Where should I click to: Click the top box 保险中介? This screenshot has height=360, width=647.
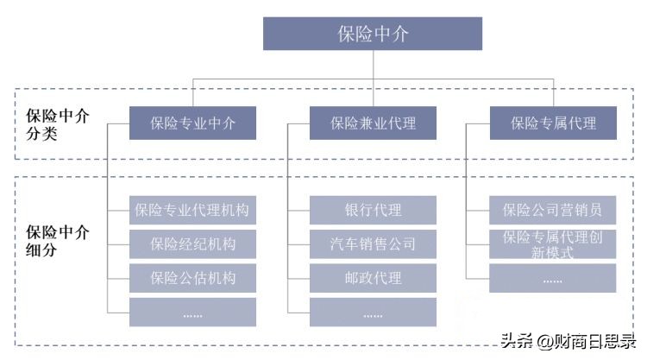point(372,34)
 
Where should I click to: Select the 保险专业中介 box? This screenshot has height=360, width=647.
point(192,123)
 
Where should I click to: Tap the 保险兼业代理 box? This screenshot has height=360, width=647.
point(373,123)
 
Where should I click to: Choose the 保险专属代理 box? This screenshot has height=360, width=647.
point(552,123)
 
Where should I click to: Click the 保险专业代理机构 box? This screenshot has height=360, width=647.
point(192,210)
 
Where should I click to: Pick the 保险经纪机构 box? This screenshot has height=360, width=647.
point(192,243)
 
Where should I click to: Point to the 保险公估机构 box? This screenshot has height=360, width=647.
point(192,278)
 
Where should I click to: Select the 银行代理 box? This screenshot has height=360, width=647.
point(373,210)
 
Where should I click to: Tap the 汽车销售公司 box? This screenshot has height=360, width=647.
point(373,243)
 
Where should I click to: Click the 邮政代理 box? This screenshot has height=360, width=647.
point(373,278)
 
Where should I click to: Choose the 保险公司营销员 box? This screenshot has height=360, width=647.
point(552,210)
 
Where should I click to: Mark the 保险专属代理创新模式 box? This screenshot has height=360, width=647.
point(552,243)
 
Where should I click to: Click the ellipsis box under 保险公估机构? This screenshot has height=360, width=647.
point(192,313)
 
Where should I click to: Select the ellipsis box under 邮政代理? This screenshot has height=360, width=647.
point(373,313)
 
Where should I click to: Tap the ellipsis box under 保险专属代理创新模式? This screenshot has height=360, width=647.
point(552,278)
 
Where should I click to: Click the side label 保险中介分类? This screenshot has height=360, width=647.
point(58,123)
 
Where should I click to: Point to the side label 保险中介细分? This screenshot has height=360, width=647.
point(58,241)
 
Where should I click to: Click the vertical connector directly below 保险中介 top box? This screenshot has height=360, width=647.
point(372,65)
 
